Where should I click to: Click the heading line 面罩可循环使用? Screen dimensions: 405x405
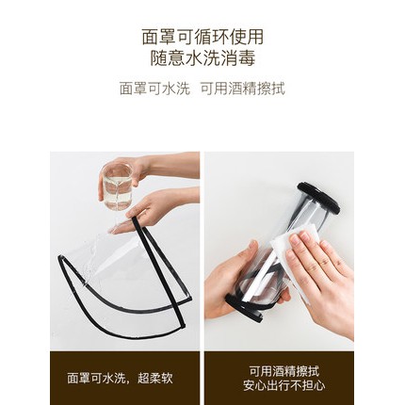[x=202, y=37]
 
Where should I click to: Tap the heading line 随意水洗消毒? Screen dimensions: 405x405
[x=202, y=58]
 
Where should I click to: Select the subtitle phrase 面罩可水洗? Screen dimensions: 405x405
[x=154, y=89]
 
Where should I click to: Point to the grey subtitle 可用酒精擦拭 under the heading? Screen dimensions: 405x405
[x=242, y=89]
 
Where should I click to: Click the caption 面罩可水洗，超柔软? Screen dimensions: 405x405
[x=120, y=377]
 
